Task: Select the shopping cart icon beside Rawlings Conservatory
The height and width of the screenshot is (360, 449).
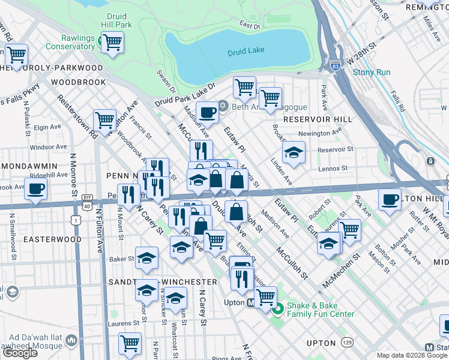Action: (x=112, y=43)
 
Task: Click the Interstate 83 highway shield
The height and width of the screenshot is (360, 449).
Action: (x=335, y=67)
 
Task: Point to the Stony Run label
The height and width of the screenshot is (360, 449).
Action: (x=372, y=73)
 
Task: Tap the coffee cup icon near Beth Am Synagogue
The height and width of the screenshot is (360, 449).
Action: (x=208, y=112)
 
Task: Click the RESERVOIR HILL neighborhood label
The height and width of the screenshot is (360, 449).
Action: (x=312, y=119)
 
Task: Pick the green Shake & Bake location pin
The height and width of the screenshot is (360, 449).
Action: (x=277, y=309)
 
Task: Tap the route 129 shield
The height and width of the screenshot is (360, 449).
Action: (x=347, y=341)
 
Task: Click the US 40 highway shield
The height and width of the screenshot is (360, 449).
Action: (x=88, y=206)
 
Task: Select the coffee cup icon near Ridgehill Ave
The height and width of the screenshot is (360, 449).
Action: (x=36, y=188)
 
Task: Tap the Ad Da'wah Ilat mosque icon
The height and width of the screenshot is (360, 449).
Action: (x=71, y=341)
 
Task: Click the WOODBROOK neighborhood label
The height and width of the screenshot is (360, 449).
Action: (x=78, y=82)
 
